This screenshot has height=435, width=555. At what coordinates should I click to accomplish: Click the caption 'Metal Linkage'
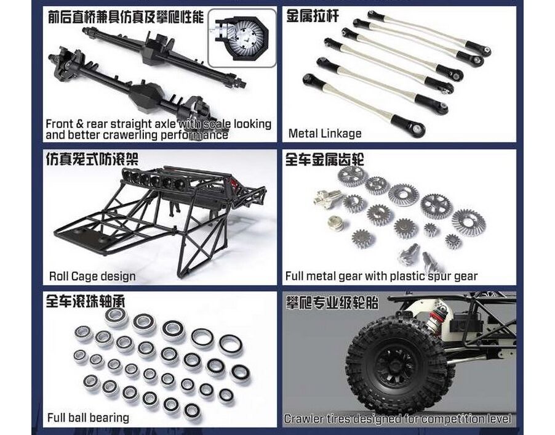click(325, 133)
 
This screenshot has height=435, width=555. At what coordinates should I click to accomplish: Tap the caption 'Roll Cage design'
click(92, 276)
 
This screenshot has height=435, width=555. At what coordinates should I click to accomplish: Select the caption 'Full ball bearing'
click(88, 418)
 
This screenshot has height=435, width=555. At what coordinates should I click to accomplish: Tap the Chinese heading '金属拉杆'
click(312, 16)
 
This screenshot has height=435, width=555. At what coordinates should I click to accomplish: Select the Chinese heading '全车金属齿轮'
click(325, 160)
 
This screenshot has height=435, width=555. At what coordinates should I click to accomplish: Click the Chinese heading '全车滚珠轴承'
click(86, 301)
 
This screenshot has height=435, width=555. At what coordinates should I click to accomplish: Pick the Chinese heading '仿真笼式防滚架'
click(92, 159)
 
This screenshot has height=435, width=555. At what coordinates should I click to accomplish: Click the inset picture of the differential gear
click(242, 38)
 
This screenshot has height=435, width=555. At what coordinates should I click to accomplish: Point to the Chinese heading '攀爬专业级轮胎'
click(332, 303)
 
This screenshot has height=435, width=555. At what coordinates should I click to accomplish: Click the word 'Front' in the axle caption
click(60, 124)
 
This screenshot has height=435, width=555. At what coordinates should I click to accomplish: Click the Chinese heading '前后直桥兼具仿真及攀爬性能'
click(126, 17)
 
